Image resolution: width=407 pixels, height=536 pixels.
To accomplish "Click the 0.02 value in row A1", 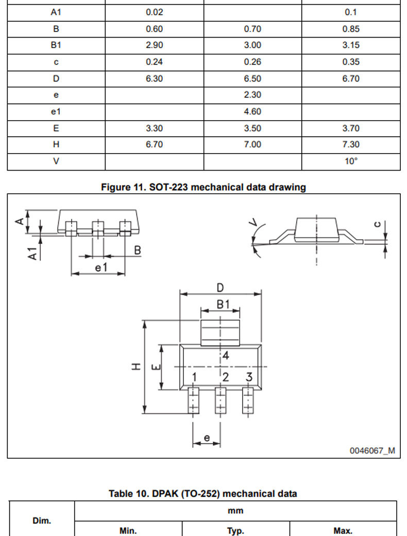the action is [154, 12].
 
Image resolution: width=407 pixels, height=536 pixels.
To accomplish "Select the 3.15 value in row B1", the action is [351, 45].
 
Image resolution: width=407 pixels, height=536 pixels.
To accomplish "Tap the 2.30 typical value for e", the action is [252, 95].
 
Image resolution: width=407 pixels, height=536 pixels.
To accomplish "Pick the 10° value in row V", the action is [351, 161].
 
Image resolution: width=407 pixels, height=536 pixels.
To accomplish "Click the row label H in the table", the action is [56, 145].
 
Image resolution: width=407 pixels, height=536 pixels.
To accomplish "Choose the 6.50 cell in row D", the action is [252, 79].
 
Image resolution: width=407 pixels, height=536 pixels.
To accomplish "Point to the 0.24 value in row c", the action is [154, 62].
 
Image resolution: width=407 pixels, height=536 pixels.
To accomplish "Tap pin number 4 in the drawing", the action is [226, 356].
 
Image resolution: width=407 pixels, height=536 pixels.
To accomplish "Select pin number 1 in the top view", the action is [194, 377].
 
